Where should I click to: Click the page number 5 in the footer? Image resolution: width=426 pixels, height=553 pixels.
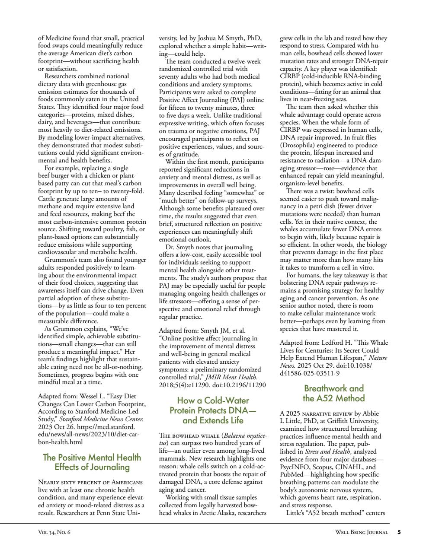[x=399, y=532]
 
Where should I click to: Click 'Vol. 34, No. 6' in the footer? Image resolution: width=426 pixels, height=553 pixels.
[x=54, y=532]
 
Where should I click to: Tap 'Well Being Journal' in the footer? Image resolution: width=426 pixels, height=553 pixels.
[x=361, y=532]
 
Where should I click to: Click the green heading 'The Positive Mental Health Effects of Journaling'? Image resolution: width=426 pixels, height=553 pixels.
[x=92, y=462]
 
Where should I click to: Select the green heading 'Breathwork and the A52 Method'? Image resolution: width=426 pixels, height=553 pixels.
[x=333, y=393]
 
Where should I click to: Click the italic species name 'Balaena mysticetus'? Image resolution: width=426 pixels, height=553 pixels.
[x=244, y=435]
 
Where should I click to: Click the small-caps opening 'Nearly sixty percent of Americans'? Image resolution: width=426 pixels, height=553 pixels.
[x=90, y=482]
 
